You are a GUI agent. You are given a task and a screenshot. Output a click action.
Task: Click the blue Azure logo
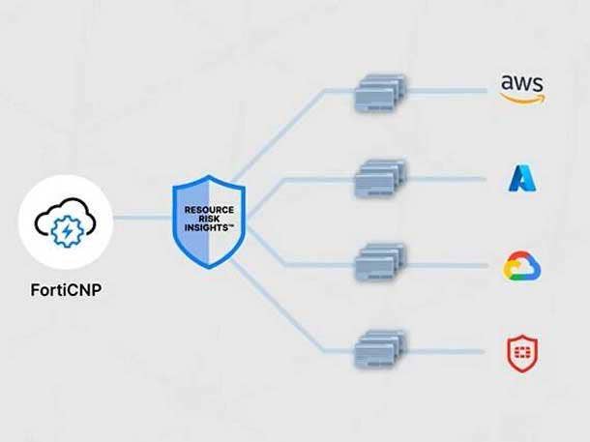tap(522, 178)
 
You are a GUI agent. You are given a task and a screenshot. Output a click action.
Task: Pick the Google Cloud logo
tap(522, 266)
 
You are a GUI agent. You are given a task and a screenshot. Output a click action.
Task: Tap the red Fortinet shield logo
tap(522, 353)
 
